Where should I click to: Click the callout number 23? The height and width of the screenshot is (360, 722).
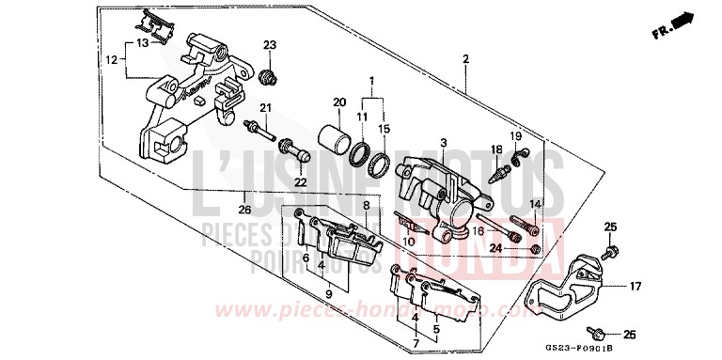[270, 45]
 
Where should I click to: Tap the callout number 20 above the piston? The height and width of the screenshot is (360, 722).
[339, 102]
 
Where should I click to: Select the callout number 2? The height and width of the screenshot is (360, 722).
[465, 59]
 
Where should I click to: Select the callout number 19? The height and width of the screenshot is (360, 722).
[515, 136]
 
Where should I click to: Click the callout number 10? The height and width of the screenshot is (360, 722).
[409, 242]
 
